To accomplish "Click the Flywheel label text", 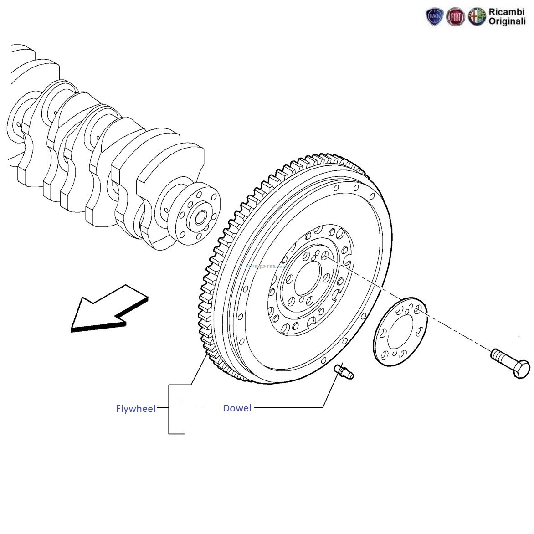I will tap(135, 409).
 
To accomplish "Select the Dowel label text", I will tap(237, 408).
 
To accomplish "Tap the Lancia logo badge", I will tap(434, 17).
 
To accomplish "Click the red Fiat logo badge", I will tap(455, 17).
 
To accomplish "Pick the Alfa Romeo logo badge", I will tap(477, 17).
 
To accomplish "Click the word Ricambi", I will tap(507, 12).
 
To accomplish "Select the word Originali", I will tap(507, 21).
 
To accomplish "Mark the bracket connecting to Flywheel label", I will tap(169, 409).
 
